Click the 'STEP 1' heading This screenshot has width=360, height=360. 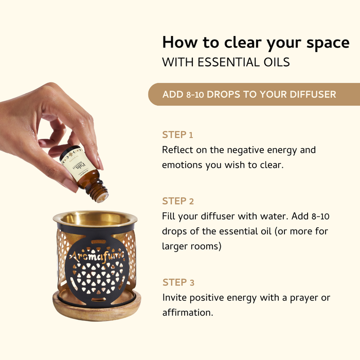click(177, 135)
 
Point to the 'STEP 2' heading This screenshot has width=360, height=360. click(178, 201)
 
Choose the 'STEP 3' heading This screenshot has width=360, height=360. click(178, 282)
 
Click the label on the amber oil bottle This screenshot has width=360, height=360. click(72, 164)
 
